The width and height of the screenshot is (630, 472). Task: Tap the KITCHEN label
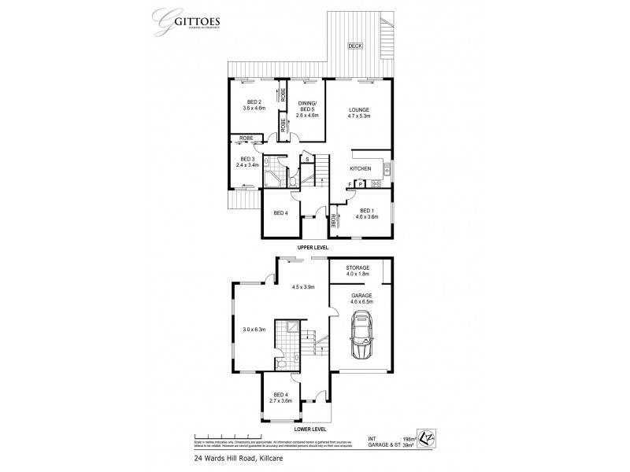tap(361, 169)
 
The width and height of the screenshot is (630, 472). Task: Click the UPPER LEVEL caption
tap(313, 247)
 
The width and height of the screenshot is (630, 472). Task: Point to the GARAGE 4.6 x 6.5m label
tap(362, 298)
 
